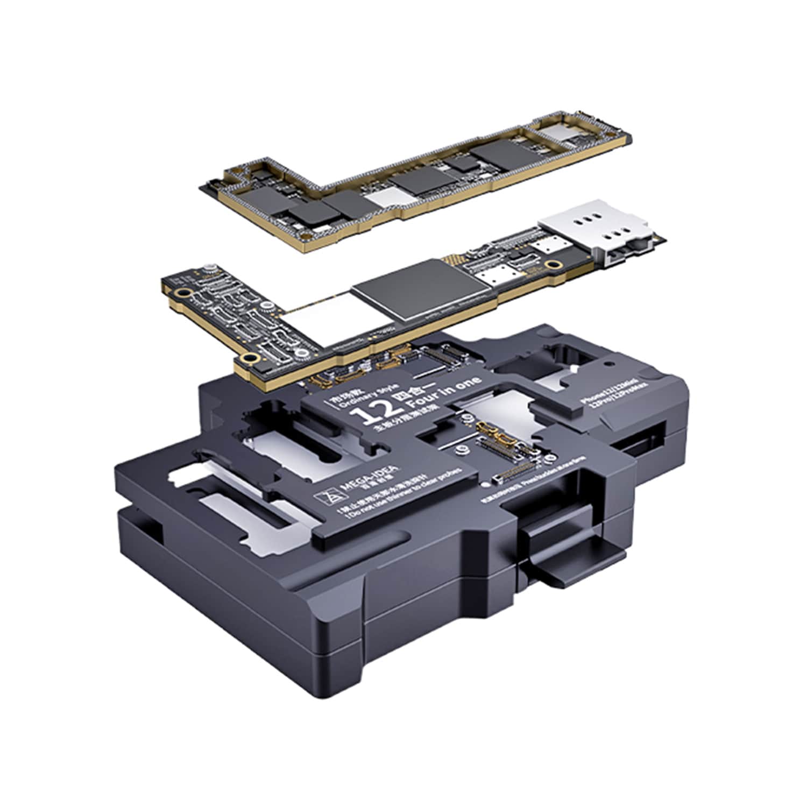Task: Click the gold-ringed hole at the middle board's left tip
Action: [x=184, y=293]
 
